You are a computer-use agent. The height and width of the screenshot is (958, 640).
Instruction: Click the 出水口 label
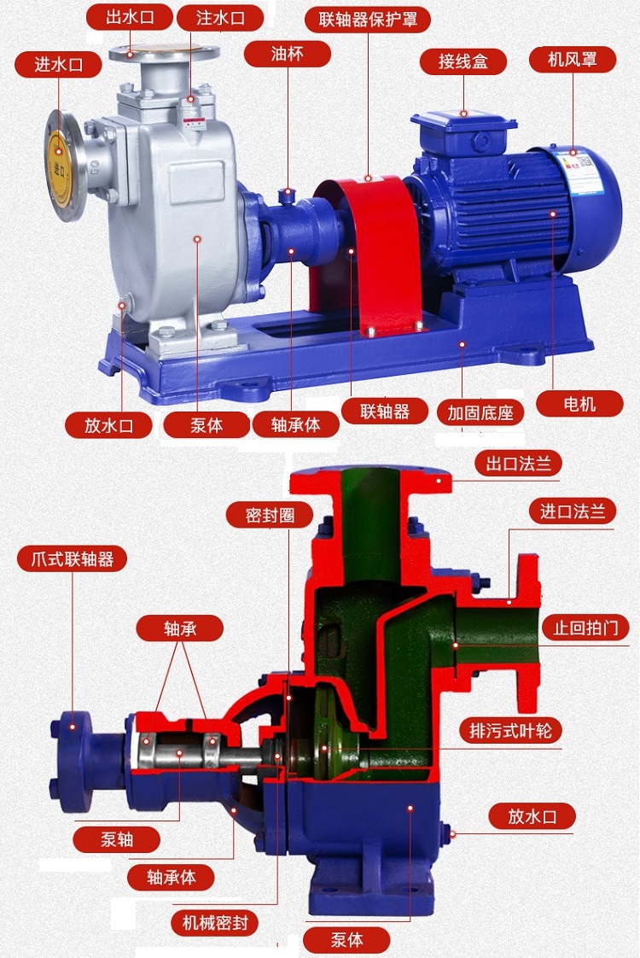[x=130, y=17]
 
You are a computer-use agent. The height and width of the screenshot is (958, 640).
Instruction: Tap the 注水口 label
[x=220, y=17]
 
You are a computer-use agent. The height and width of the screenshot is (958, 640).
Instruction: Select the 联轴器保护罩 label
[x=368, y=20]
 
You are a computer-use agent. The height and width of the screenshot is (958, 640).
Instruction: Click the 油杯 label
[x=287, y=54]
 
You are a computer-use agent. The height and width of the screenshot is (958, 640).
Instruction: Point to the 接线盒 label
[x=463, y=61]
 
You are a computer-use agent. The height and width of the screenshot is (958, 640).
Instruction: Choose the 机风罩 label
[x=573, y=59]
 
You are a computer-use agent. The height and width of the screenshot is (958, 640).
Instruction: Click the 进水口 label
[x=58, y=64]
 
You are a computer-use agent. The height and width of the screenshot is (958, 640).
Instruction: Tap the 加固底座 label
[x=480, y=413]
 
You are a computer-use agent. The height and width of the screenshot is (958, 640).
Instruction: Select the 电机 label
[x=579, y=403]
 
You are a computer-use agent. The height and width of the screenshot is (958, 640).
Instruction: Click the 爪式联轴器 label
[x=72, y=558]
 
